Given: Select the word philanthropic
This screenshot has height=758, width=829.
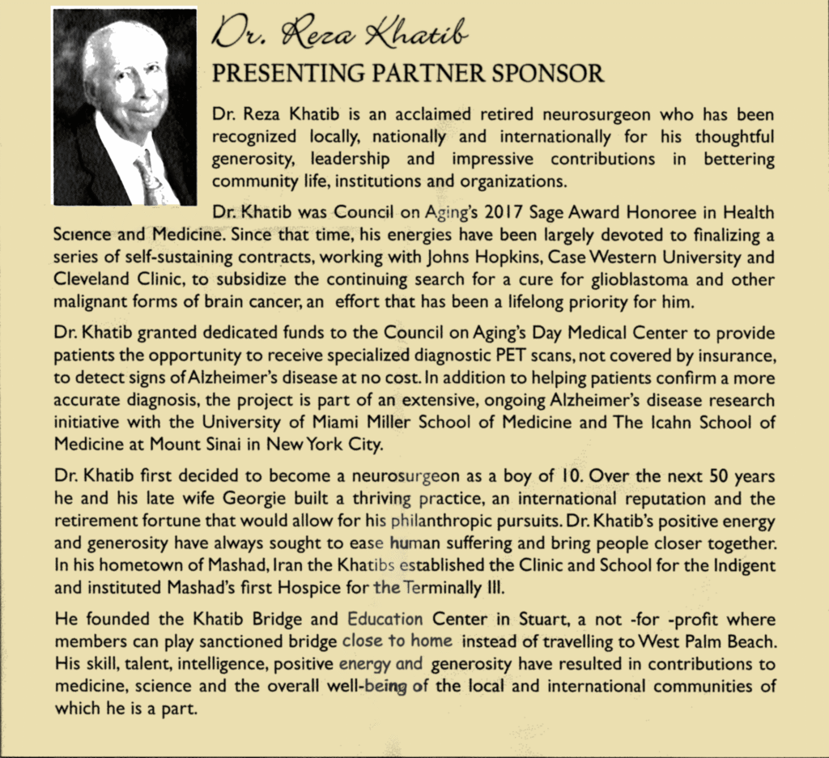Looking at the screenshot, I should click(440, 521).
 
